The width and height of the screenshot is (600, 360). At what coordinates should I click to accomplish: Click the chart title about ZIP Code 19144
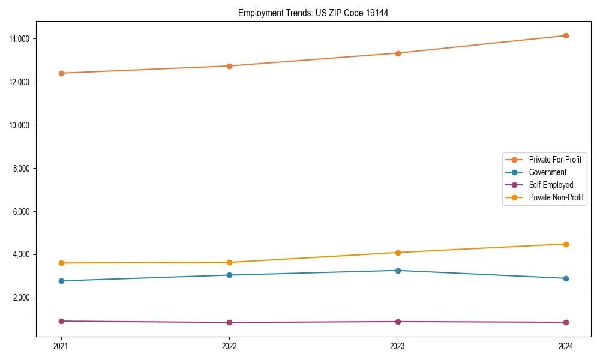click(313, 13)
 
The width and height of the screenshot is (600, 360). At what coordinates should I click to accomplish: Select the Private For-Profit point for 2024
click(566, 35)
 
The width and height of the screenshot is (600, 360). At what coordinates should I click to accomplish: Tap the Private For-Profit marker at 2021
click(61, 73)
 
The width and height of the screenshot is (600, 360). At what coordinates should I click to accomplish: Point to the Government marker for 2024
click(566, 278)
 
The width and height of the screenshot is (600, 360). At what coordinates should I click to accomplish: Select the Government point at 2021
click(61, 281)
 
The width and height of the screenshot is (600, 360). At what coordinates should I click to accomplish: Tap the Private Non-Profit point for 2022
click(229, 262)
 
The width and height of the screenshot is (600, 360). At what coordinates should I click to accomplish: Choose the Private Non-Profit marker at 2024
click(566, 244)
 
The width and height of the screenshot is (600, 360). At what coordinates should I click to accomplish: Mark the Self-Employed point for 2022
click(229, 322)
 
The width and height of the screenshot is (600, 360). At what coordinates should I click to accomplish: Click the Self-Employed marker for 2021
click(61, 321)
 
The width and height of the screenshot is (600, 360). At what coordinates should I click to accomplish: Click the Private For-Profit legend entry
click(555, 160)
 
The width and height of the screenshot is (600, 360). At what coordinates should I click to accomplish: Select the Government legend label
click(547, 172)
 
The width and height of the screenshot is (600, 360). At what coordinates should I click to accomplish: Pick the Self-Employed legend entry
click(551, 185)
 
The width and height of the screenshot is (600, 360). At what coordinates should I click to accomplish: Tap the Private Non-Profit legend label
click(556, 197)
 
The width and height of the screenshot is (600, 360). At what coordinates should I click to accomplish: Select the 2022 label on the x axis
click(229, 346)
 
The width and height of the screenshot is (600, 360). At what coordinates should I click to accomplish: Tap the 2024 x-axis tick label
click(566, 346)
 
